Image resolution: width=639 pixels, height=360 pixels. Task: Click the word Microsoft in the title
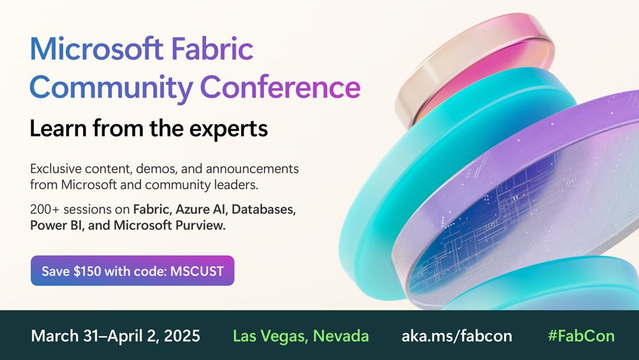point(97,49)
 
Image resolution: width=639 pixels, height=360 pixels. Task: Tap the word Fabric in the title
point(212,49)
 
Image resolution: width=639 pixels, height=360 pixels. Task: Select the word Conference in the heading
point(281,87)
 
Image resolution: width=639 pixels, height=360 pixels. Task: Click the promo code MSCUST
point(197,271)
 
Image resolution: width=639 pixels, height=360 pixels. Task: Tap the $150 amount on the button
point(87,271)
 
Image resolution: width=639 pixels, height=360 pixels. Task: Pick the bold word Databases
point(264,210)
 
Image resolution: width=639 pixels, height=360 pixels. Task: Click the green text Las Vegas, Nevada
point(301,336)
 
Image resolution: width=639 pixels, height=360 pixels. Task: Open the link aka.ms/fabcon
point(457,336)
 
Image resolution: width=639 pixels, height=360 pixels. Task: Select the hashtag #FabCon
point(581,336)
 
